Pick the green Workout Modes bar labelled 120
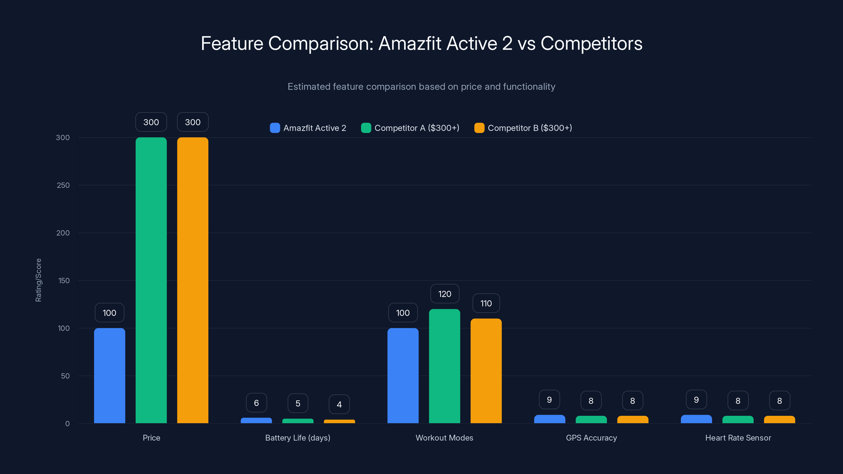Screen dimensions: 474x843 (x=444, y=366)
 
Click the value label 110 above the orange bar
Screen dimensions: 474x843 (x=486, y=303)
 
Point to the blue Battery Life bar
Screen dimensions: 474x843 (x=256, y=420)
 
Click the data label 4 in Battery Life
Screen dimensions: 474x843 (x=339, y=404)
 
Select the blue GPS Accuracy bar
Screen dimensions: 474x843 (x=550, y=419)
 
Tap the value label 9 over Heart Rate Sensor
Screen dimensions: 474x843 (x=696, y=399)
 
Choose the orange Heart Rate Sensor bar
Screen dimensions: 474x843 (x=779, y=419)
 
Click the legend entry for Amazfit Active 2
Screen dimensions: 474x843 (x=314, y=128)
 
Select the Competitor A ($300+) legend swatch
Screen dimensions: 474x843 (x=366, y=128)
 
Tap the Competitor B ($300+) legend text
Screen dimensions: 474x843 (x=530, y=128)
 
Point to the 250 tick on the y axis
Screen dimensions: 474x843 (x=63, y=185)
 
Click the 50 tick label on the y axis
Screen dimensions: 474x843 (x=65, y=376)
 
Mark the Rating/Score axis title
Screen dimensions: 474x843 (x=38, y=280)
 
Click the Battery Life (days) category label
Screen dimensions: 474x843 (x=297, y=438)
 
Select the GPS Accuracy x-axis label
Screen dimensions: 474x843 (x=591, y=438)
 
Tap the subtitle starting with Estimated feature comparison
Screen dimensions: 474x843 (x=421, y=86)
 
